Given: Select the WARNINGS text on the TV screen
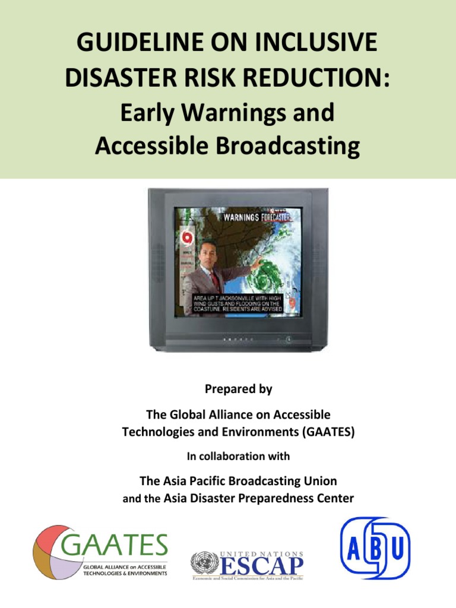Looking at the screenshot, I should point(240,218).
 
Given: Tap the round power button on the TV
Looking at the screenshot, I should point(287,340).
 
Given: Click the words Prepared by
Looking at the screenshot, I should point(238,389).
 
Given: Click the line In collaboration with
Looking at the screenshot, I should point(238,457).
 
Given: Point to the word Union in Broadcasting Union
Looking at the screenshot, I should point(319,480).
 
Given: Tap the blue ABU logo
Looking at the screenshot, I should point(375,548).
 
